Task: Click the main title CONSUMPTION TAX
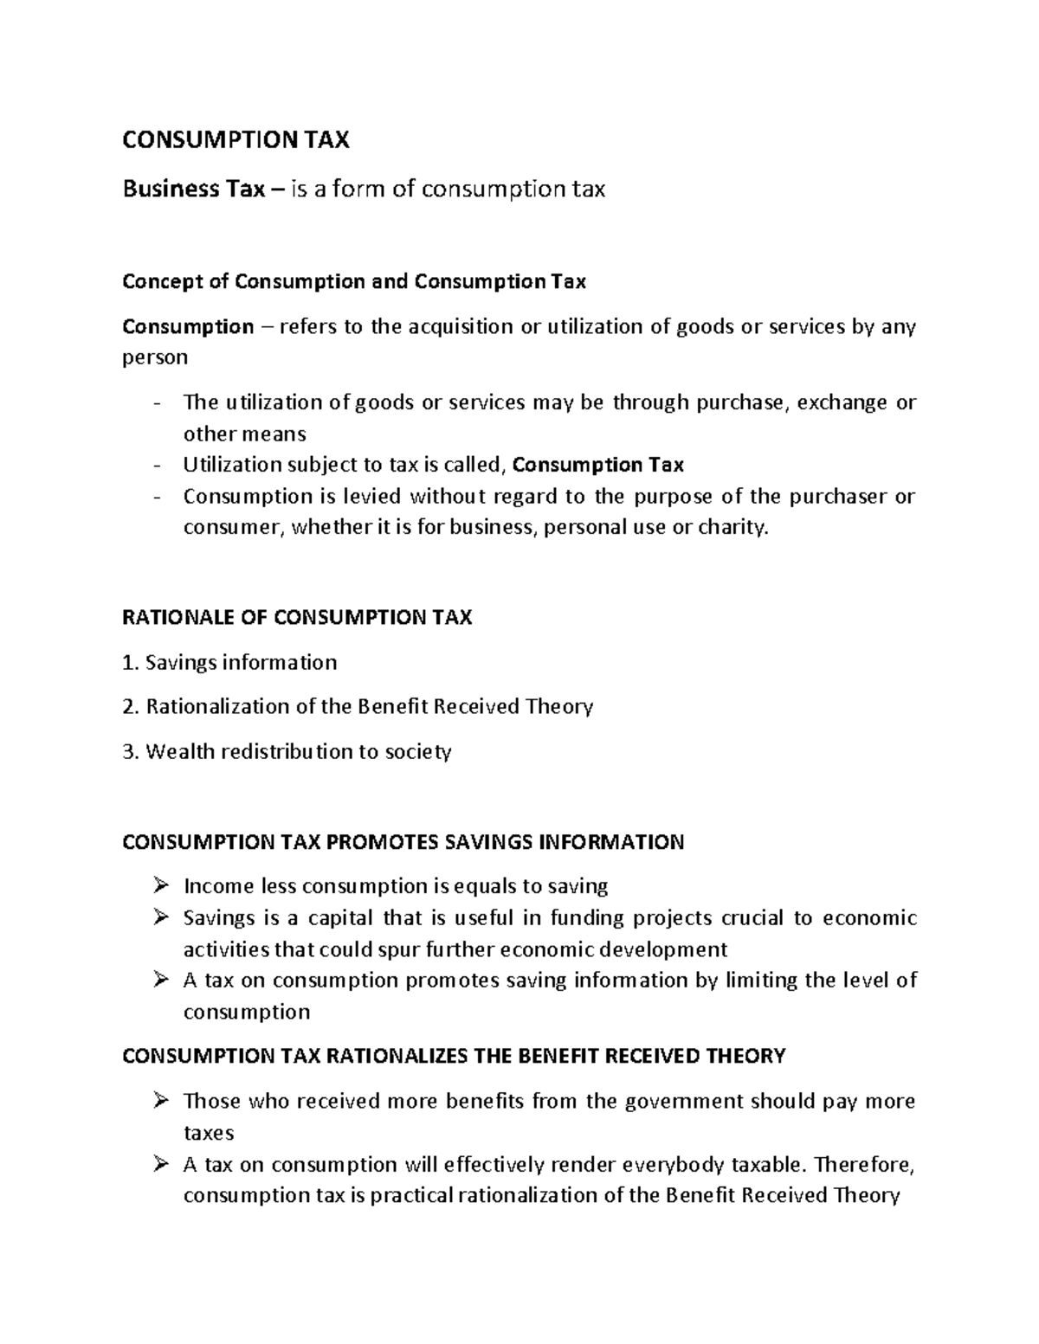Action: [x=236, y=140]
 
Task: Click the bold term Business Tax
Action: [x=193, y=189]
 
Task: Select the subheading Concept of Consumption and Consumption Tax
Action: [x=354, y=282]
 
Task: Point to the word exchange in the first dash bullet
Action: [x=842, y=403]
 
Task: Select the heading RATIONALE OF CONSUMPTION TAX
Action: [x=297, y=618]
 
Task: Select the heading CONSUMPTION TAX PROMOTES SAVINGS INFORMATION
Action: [x=403, y=842]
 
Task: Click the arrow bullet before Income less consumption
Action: [x=160, y=886]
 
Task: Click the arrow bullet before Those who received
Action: [x=160, y=1101]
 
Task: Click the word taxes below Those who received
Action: [x=209, y=1133]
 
